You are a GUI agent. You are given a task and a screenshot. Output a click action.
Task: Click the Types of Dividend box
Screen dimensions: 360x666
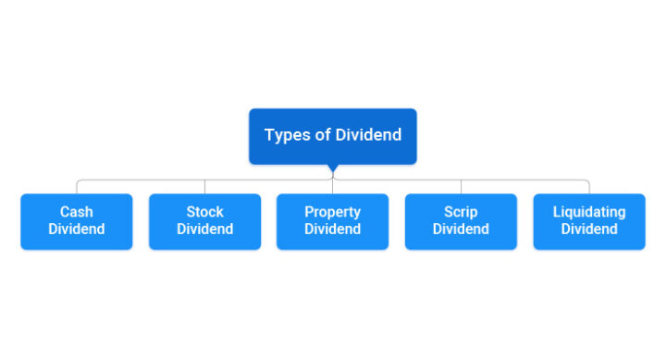click(x=332, y=136)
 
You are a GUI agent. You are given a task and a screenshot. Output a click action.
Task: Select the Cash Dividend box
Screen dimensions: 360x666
click(x=77, y=221)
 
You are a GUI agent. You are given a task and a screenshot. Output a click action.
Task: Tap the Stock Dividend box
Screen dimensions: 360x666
click(x=204, y=221)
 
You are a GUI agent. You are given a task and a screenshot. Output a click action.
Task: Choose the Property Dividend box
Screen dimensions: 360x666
click(x=332, y=221)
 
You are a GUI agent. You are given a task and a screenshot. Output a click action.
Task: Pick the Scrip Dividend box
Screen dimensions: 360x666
click(x=461, y=221)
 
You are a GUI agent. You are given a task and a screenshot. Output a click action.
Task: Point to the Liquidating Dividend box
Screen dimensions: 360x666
click(x=588, y=221)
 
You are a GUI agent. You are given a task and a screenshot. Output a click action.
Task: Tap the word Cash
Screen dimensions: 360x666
click(x=77, y=212)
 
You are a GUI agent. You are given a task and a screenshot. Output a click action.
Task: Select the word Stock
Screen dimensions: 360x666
click(x=204, y=212)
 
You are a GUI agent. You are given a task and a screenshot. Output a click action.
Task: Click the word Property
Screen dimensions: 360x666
click(x=332, y=212)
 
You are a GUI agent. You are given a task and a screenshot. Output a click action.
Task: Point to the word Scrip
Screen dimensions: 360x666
click(x=461, y=212)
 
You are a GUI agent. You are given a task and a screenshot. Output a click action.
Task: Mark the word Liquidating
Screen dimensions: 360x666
click(x=588, y=212)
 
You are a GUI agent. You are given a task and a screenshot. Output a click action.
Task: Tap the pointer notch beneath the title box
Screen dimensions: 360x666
click(x=332, y=169)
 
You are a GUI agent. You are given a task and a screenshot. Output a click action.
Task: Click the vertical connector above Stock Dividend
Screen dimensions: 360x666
click(x=204, y=186)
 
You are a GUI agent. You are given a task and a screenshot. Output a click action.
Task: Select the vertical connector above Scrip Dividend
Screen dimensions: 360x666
click(x=461, y=186)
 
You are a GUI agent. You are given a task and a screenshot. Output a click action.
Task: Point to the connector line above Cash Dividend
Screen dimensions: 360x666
click(x=77, y=186)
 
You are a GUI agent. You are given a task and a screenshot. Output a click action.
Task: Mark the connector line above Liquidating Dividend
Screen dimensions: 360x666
click(x=588, y=186)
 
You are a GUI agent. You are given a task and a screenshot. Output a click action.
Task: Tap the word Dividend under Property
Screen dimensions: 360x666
click(x=332, y=230)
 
